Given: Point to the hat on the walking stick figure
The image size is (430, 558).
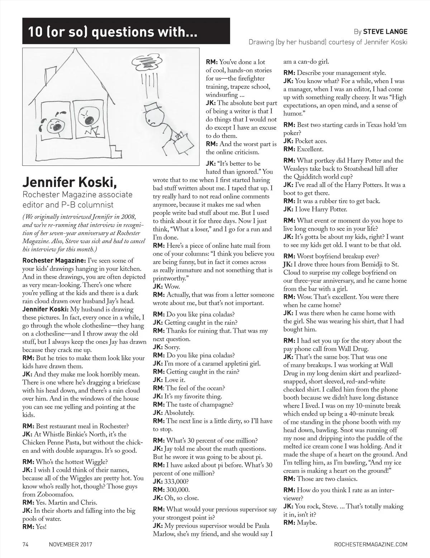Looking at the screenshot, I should coord(152,109).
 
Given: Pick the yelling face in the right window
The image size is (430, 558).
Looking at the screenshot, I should coord(85,115).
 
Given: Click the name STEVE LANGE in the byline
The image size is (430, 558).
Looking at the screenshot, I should coord(385,32).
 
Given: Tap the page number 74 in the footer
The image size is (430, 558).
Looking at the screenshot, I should coord(25,544).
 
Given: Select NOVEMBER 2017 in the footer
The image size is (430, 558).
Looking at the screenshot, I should coord(71,544).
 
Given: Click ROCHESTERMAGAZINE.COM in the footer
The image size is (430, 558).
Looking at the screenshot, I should coord(370,544).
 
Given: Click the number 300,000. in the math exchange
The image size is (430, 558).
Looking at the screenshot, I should coord(177,490).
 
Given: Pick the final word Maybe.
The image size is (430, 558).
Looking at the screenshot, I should coord(307,523).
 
